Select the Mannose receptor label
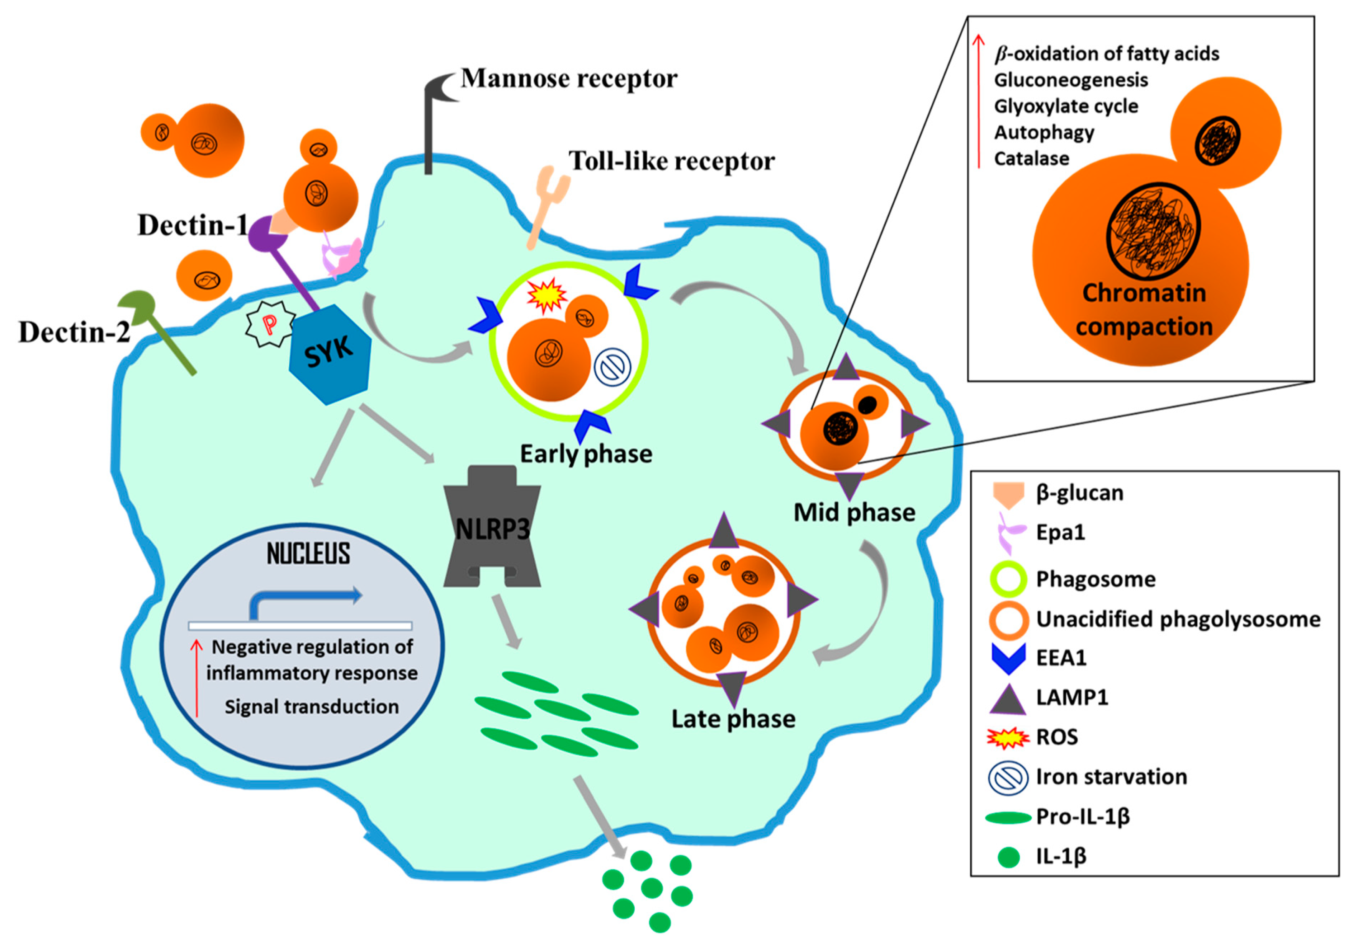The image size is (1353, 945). [x=569, y=79]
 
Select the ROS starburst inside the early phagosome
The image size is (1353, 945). [x=546, y=295]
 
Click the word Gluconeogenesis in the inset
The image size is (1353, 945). [x=1071, y=80]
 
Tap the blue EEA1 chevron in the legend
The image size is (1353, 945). [x=1008, y=658]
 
